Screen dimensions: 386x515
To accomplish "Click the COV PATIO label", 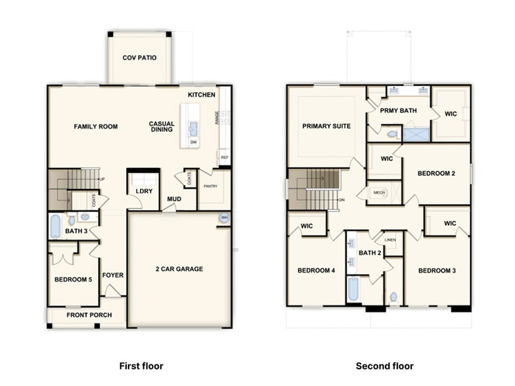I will pyautogui.click(x=139, y=58).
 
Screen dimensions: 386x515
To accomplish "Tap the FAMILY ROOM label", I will pyautogui.click(x=96, y=127).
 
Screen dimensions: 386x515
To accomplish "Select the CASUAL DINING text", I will pyautogui.click(x=162, y=127).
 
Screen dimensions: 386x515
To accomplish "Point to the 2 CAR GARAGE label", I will pyautogui.click(x=179, y=268).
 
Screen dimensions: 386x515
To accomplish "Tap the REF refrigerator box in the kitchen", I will pyautogui.click(x=225, y=158).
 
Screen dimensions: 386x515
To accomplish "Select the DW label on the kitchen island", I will pyautogui.click(x=193, y=142).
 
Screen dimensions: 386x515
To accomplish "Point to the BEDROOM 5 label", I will pyautogui.click(x=73, y=280).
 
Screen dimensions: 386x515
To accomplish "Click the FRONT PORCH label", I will pyautogui.click(x=89, y=315).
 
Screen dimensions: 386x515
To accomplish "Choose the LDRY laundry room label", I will pyautogui.click(x=144, y=191).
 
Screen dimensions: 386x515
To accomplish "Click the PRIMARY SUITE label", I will pyautogui.click(x=326, y=126).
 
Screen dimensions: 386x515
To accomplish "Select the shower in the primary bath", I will pyautogui.click(x=415, y=135).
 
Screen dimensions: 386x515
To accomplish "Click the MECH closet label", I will pyautogui.click(x=378, y=192).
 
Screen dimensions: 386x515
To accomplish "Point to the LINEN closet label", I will pyautogui.click(x=390, y=240).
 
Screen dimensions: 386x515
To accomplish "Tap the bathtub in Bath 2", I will pyautogui.click(x=353, y=289).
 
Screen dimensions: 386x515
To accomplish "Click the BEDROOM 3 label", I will pyautogui.click(x=437, y=270).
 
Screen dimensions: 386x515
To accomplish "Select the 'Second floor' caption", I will pyautogui.click(x=385, y=366).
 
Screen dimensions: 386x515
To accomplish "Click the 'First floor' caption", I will pyautogui.click(x=141, y=366).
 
